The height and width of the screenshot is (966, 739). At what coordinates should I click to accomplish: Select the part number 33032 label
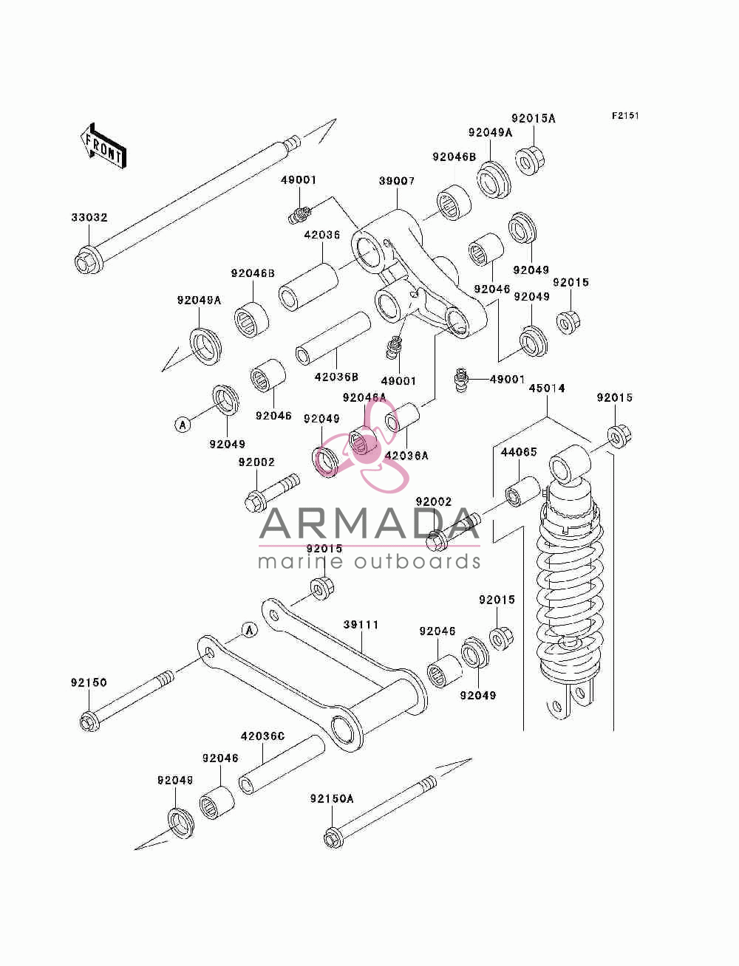[89, 218]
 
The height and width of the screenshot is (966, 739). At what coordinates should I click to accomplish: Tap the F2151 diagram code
[625, 116]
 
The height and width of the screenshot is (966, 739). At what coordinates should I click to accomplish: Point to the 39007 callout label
[397, 181]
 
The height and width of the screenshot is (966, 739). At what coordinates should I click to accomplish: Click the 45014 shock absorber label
[547, 388]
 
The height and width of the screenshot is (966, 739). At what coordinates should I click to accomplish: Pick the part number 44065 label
[519, 452]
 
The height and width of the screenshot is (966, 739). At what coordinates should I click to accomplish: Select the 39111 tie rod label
[361, 625]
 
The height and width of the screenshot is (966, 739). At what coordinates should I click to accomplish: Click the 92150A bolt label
[332, 798]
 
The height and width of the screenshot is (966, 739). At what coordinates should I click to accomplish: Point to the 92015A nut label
[534, 118]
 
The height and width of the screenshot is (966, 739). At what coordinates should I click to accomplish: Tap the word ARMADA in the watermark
[369, 524]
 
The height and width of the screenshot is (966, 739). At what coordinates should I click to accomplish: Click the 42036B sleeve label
[336, 377]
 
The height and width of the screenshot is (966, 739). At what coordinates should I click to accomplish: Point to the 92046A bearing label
[364, 398]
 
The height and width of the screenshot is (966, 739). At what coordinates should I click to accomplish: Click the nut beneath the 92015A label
[530, 161]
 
